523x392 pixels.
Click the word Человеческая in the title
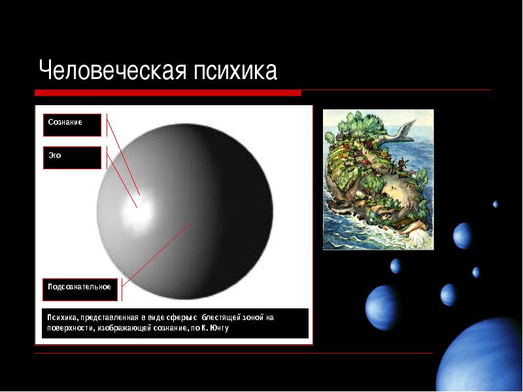click(112, 71)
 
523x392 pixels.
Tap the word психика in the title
click(235, 71)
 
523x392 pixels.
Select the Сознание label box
click(72, 125)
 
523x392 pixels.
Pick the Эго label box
click(72, 157)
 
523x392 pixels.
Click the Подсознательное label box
click(80, 289)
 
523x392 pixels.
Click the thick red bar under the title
click(168, 93)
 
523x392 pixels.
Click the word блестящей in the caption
click(221, 318)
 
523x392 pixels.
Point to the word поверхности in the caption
click(71, 328)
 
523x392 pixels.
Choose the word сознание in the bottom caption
click(171, 328)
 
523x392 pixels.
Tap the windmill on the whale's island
click(403, 164)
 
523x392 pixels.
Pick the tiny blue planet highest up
click(496, 204)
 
